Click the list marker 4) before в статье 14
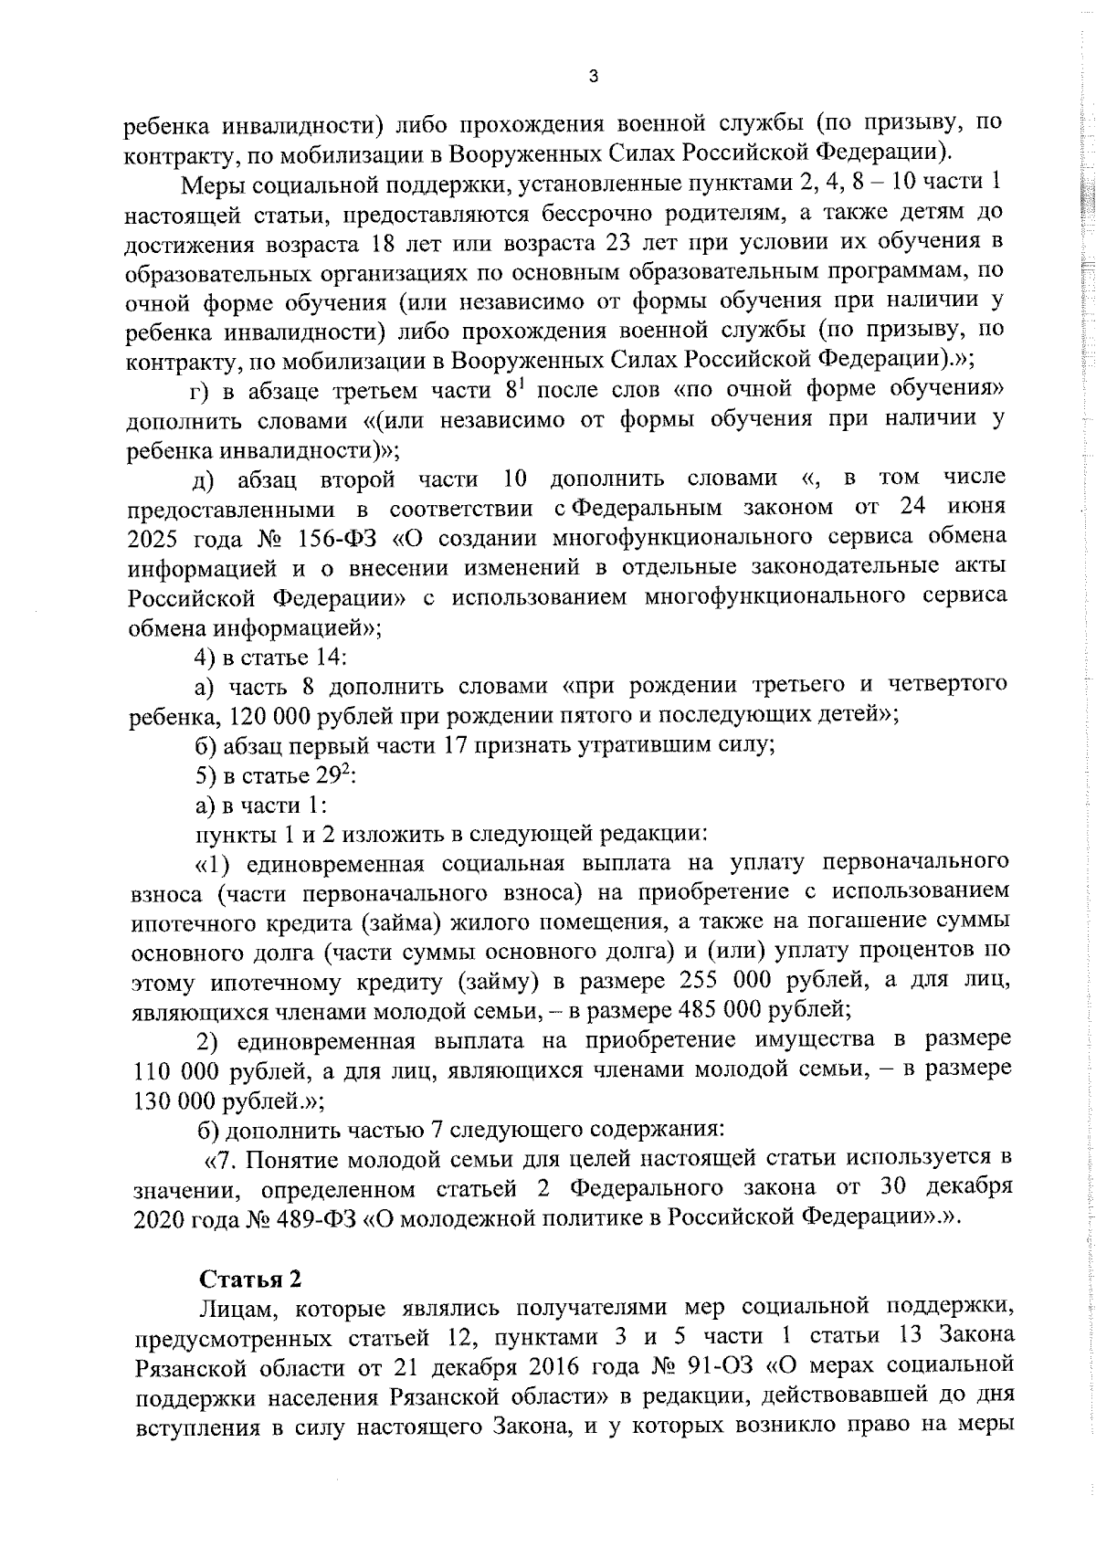click(205, 656)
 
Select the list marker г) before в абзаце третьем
click(199, 390)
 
